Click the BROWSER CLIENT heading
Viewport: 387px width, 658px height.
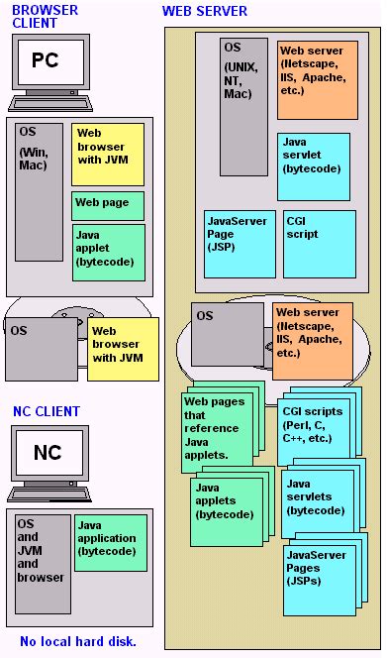(45, 17)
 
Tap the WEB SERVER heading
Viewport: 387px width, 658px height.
(205, 11)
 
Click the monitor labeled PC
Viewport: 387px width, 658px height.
(46, 61)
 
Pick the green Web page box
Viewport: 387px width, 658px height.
(107, 205)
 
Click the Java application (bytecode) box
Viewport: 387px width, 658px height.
(110, 541)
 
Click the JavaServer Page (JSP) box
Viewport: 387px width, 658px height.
(239, 243)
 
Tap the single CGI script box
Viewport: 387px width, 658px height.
(319, 243)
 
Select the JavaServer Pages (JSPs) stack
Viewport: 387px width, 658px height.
(317, 578)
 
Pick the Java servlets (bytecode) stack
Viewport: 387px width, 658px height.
(317, 500)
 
